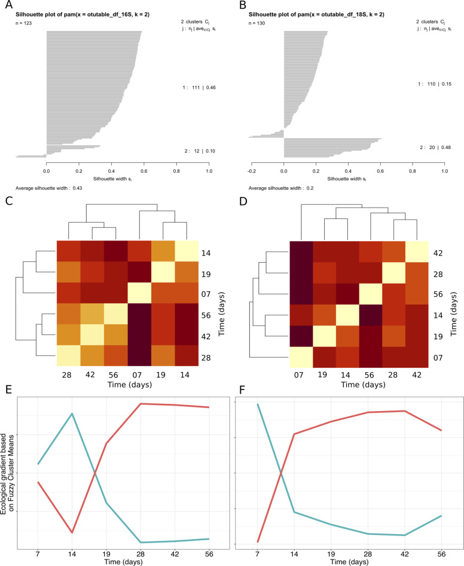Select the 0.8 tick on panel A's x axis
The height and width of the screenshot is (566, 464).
tap(176, 171)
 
